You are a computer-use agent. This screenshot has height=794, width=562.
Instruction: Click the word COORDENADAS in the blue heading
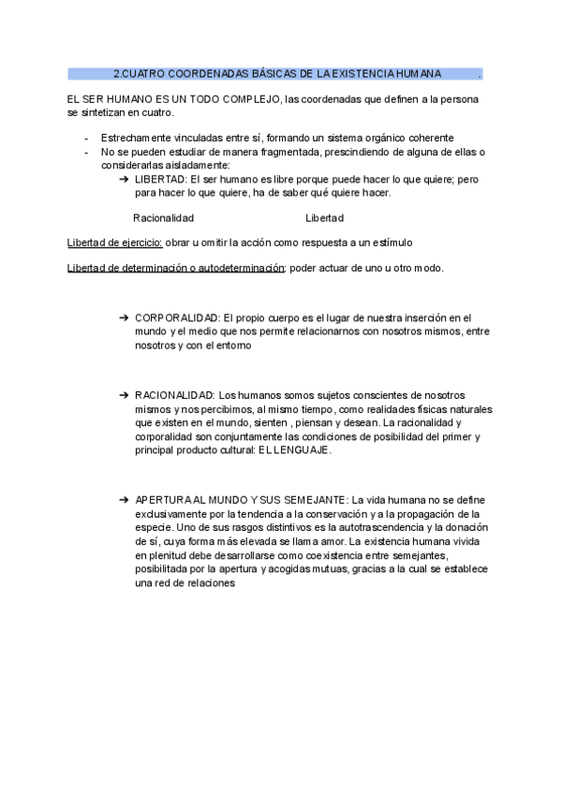(195, 73)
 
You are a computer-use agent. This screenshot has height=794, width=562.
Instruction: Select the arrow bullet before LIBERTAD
(125, 179)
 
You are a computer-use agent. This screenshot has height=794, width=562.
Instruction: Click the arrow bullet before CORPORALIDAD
(125, 318)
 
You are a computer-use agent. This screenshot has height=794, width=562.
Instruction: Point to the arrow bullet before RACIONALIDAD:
(125, 396)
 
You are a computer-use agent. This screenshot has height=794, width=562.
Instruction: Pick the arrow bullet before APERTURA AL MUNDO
(125, 500)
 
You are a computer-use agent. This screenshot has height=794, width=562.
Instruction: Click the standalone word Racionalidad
(164, 218)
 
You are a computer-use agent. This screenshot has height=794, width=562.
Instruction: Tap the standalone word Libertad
(325, 218)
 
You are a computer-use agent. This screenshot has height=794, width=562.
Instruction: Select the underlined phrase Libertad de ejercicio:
(115, 243)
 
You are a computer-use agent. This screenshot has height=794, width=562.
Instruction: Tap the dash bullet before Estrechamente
(86, 138)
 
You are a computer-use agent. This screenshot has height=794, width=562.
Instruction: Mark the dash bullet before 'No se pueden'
(86, 152)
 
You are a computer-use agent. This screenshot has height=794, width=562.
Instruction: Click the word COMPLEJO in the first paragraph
(244, 99)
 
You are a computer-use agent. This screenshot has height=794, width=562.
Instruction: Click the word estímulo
(391, 243)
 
